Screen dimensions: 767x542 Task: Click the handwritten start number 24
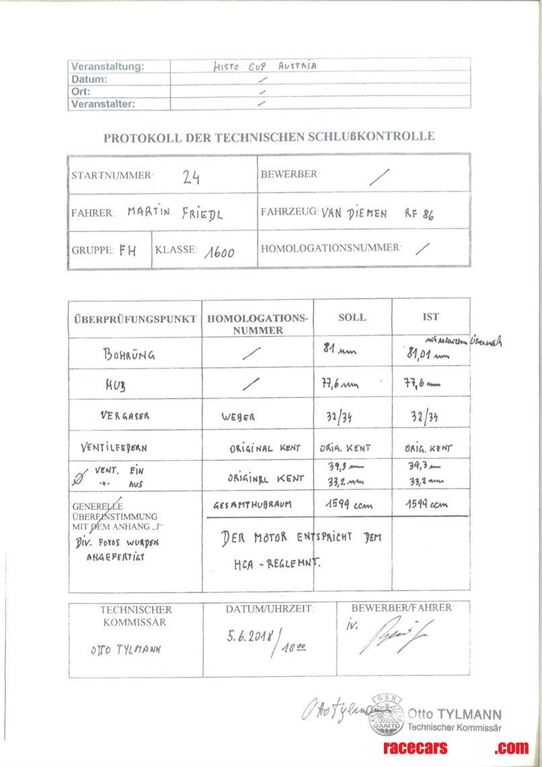coord(190,176)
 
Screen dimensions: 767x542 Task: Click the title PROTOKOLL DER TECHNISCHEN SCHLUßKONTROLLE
coord(269,137)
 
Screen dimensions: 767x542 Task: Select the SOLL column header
coord(352,317)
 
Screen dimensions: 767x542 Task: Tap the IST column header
coord(430,316)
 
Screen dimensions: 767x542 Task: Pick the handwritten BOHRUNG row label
coord(128,355)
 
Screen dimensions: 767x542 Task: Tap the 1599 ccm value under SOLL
coord(348,505)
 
